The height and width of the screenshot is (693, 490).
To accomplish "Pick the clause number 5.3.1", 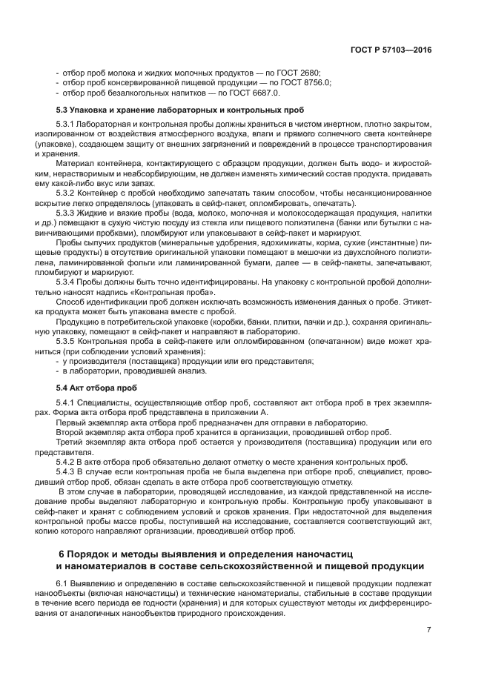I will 67,124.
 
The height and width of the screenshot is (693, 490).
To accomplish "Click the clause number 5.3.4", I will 67,282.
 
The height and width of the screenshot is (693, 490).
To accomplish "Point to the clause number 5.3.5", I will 67,342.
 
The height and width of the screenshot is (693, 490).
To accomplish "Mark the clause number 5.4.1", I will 67,402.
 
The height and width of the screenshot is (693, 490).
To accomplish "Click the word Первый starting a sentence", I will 71,421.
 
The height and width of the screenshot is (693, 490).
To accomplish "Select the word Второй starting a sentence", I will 70,431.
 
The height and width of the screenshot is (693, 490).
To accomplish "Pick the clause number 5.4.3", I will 67,471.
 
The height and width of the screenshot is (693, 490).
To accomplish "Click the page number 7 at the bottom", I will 428,630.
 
